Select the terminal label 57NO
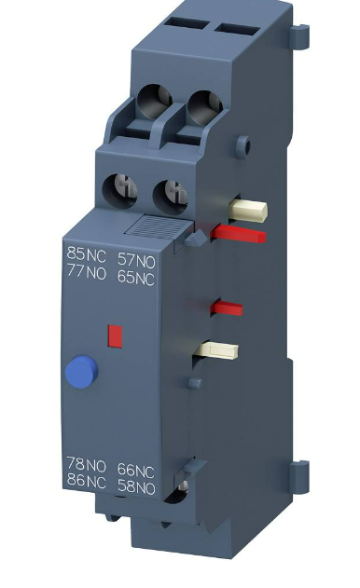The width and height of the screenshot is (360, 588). [136, 253]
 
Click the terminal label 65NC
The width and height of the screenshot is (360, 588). [136, 273]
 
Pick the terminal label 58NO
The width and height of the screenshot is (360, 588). [136, 484]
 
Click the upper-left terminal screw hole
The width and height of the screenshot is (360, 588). [157, 100]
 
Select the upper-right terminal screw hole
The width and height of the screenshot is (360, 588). [202, 103]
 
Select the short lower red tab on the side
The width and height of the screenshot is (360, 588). [228, 307]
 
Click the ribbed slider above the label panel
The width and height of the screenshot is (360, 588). [154, 226]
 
